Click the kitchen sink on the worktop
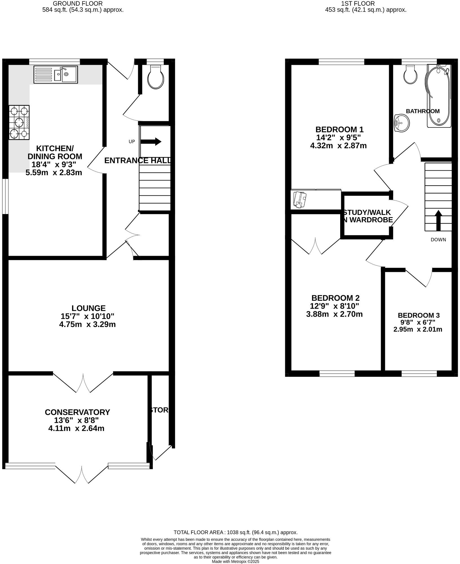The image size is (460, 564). [x=56, y=74]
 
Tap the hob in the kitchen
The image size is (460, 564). [x=19, y=122]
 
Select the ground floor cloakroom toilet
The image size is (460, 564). [x=157, y=76]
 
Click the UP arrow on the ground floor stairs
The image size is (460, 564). [x=151, y=142]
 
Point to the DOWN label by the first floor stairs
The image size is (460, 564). [x=438, y=240]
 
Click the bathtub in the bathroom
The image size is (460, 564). [x=439, y=96]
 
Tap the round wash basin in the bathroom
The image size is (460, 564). [x=402, y=123]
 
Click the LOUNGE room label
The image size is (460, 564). [x=89, y=308]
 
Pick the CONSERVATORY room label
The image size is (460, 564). [x=77, y=412]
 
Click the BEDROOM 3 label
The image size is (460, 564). [x=419, y=315]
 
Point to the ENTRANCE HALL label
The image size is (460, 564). [x=138, y=160]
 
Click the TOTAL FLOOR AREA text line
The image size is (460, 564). [x=236, y=532]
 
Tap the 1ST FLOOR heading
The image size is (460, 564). [x=358, y=4]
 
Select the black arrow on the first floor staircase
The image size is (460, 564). [x=438, y=220]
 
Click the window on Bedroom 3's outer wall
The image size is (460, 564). [x=419, y=374]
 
